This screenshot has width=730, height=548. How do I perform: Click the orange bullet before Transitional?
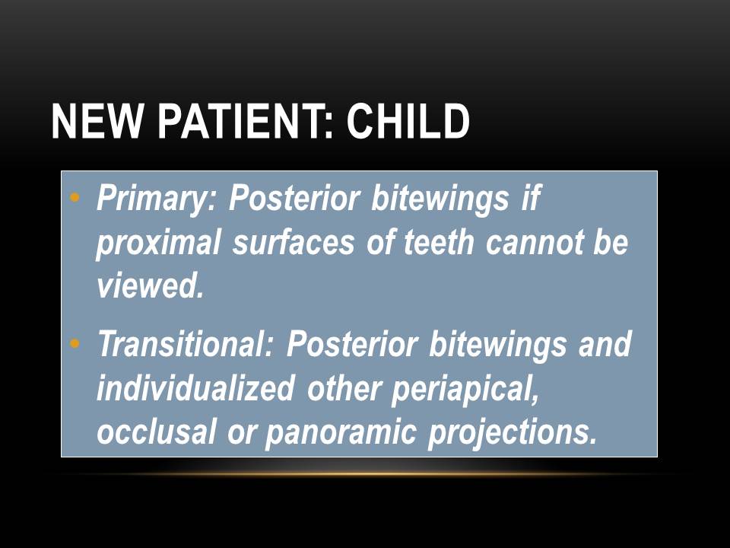(74, 345)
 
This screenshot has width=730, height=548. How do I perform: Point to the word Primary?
(157, 199)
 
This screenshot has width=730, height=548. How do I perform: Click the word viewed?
(151, 287)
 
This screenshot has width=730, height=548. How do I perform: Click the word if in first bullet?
(529, 199)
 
